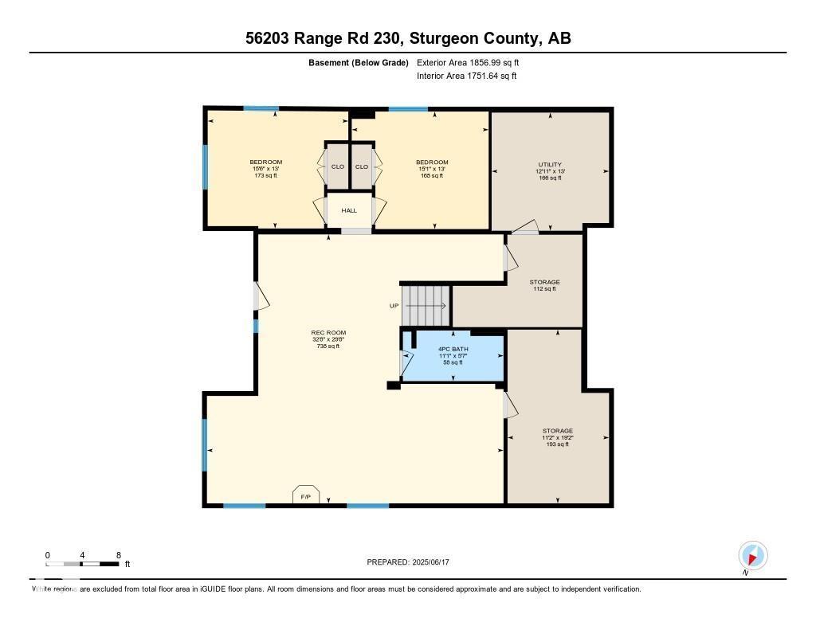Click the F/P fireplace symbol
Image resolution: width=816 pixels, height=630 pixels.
305,495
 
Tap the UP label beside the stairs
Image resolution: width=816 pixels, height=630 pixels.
394,306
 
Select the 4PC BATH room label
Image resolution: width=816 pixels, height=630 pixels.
452,350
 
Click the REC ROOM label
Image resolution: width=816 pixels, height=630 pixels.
328,333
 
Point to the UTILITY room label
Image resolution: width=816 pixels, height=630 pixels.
549,165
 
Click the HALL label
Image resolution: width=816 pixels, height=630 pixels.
349,210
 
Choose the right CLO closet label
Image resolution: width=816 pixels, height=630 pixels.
362,166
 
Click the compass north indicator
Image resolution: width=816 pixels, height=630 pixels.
752,555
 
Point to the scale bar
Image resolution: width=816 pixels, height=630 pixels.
83,564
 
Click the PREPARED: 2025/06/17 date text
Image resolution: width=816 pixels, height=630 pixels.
413,562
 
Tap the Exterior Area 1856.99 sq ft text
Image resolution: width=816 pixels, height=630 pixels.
469,62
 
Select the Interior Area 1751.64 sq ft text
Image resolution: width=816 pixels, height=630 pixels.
466,76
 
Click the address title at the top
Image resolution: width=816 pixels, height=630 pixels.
407,38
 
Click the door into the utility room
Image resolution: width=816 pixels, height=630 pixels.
524,230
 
